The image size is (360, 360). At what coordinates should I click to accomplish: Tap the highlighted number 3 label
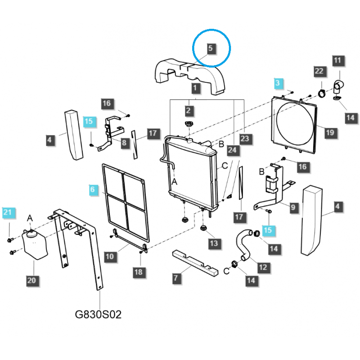(278, 83)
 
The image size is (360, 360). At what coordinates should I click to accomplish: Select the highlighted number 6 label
(93, 190)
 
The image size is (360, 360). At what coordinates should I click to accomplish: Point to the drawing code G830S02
(98, 314)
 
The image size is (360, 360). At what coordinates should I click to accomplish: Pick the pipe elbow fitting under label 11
(338, 84)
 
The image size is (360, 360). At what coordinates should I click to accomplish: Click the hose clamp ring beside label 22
(322, 93)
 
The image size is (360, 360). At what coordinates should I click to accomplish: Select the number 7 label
(175, 278)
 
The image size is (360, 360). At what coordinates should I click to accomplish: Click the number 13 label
(213, 243)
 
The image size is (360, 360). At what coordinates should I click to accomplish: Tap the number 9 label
(293, 207)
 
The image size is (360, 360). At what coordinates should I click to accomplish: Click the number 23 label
(244, 139)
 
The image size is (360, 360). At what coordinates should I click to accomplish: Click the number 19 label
(330, 132)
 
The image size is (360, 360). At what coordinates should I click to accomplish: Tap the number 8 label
(124, 143)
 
